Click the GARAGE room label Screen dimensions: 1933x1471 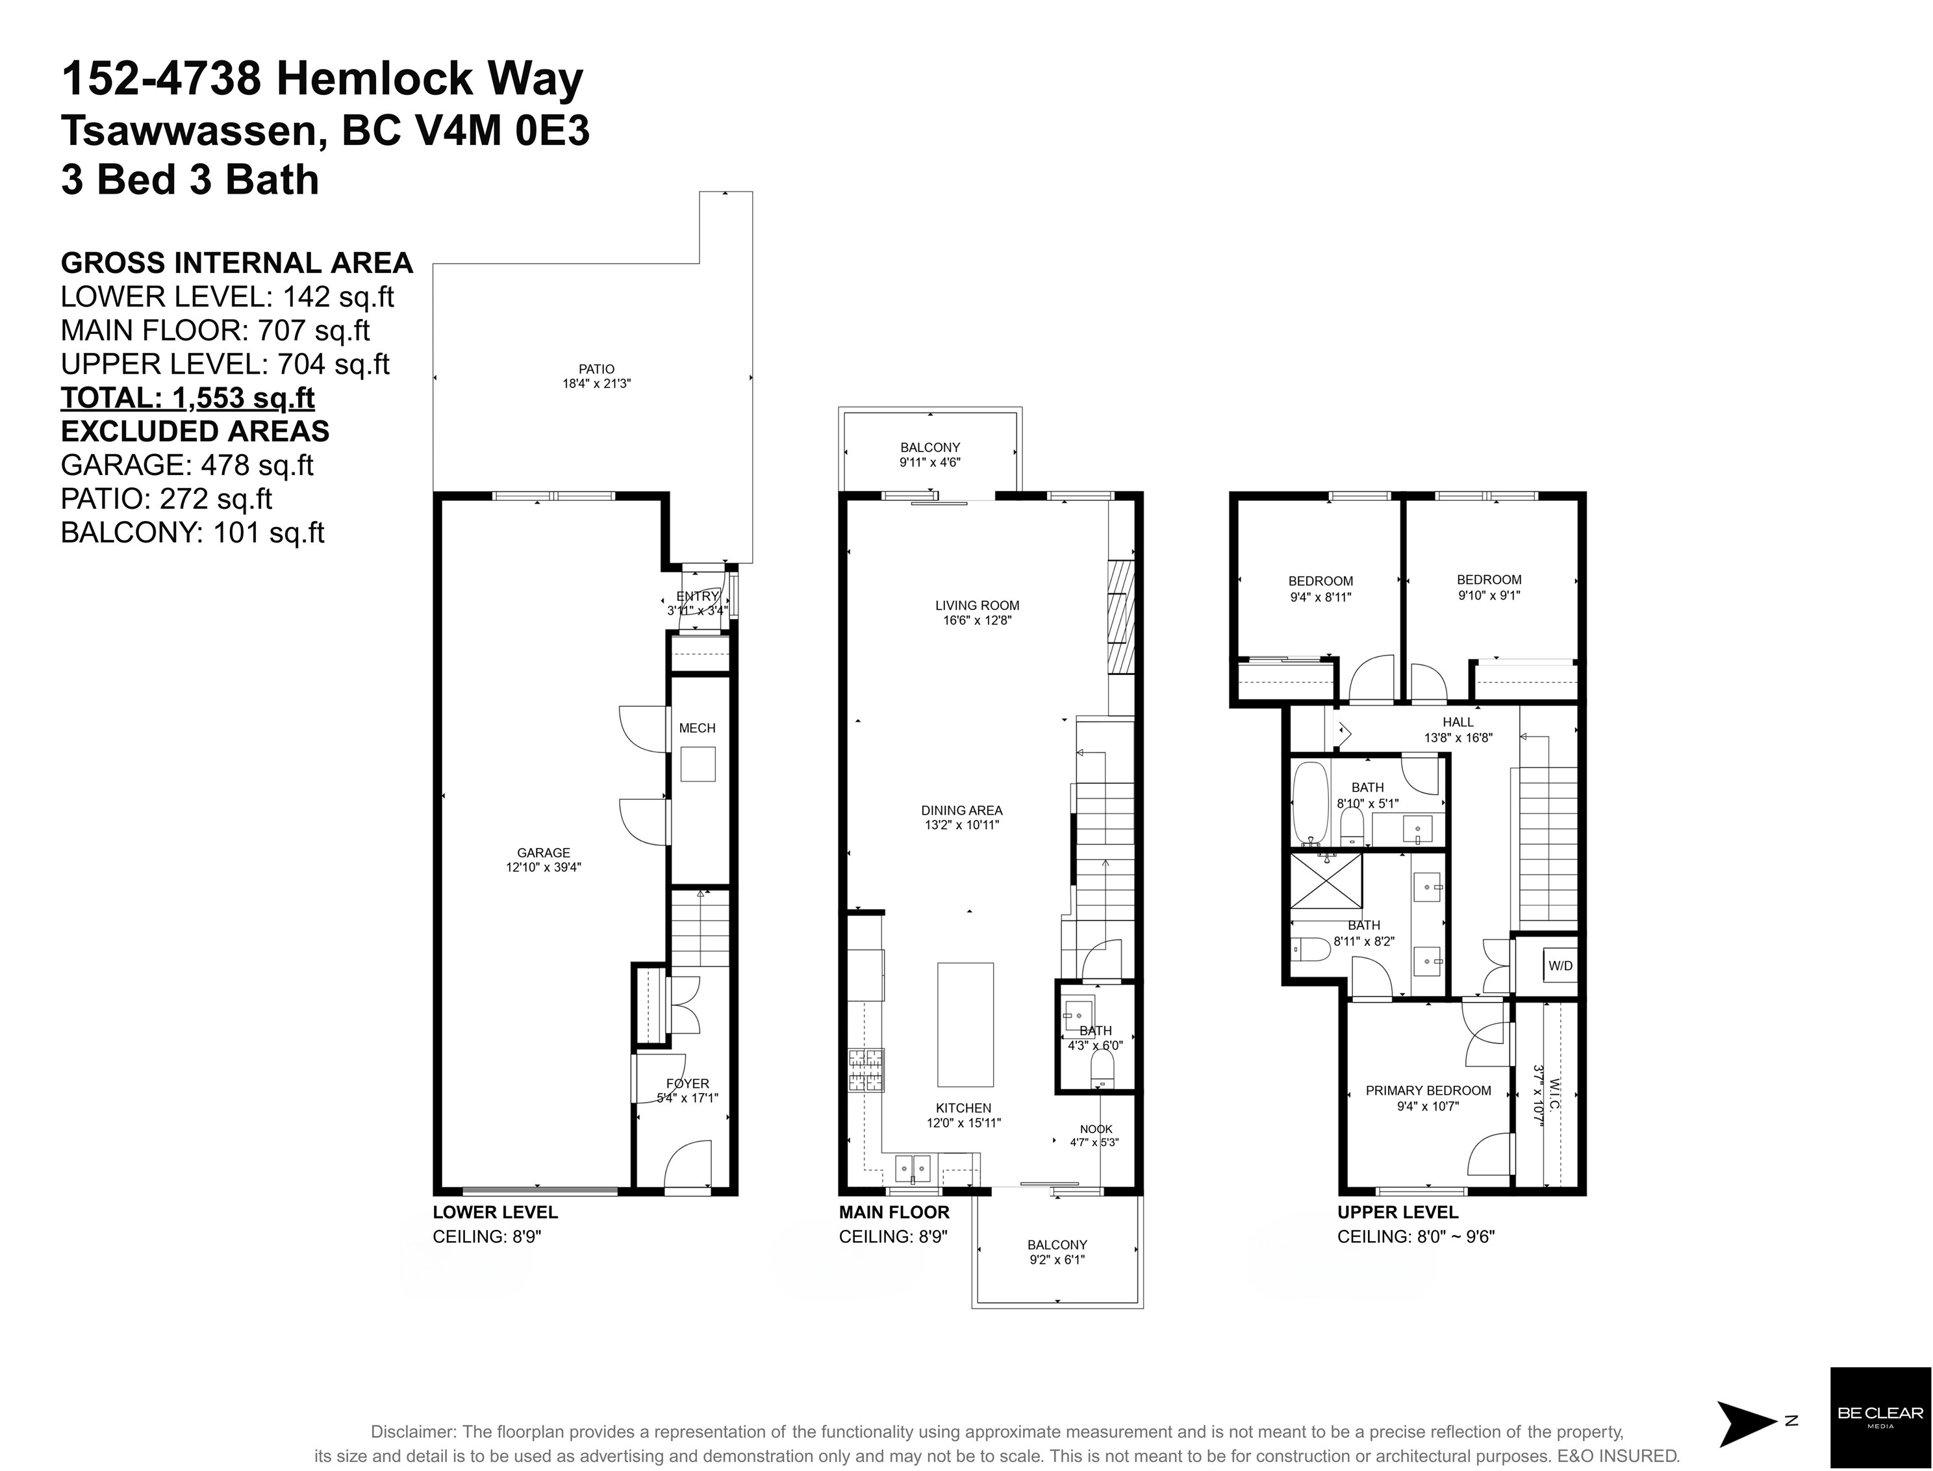coord(543,852)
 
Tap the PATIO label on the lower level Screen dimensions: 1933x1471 coord(596,368)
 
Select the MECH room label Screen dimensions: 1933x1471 coord(697,728)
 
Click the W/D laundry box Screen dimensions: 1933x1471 coord(1560,966)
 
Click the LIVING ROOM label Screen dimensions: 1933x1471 coord(977,605)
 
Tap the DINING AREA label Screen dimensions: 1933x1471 coord(961,810)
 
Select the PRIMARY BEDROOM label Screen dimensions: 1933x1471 coord(1428,1090)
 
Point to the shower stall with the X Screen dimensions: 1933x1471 coord(1326,882)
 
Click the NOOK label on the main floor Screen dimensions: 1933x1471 coord(1095,1129)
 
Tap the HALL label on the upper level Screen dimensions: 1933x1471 coord(1458,721)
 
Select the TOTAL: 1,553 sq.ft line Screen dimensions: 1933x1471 coord(187,398)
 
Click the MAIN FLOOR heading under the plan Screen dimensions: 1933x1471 coord(894,1212)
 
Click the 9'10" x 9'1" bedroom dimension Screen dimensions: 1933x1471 coord(1488,595)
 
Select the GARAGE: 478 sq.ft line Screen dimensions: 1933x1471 coord(186,465)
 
